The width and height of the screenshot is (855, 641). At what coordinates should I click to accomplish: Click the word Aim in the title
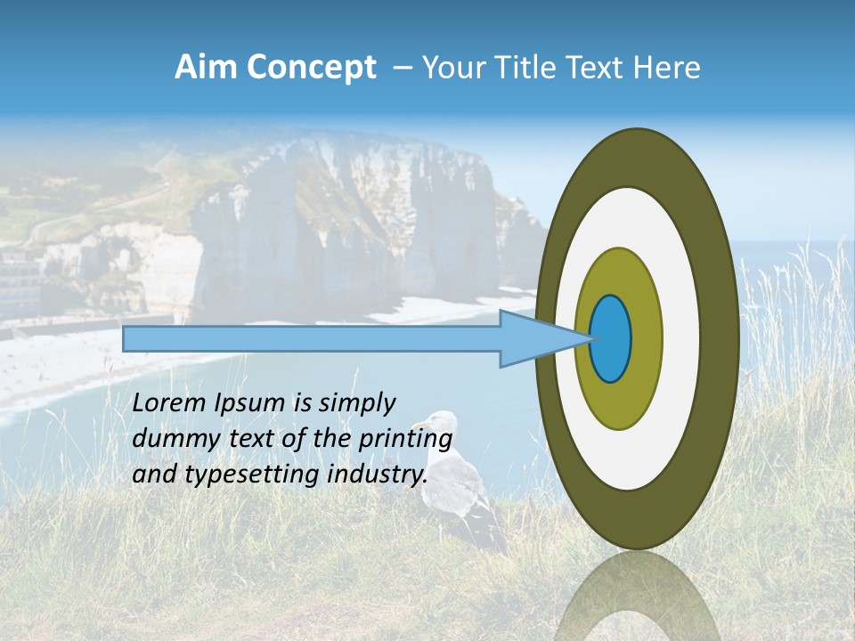pos(207,68)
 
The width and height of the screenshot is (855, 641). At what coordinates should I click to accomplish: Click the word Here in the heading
pos(666,68)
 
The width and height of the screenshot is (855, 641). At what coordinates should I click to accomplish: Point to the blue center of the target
pos(611,338)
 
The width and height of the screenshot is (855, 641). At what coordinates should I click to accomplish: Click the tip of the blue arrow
pos(590,338)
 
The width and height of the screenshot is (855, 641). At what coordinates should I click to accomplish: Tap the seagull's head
pos(438,423)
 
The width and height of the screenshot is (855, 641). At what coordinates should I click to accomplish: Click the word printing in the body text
pos(405,440)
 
